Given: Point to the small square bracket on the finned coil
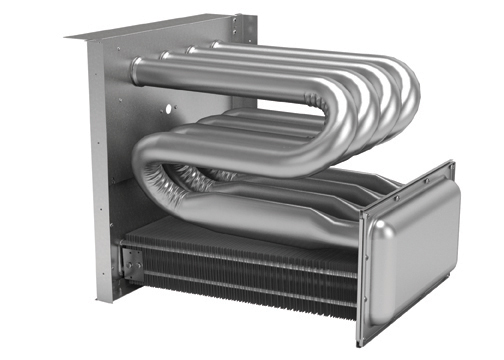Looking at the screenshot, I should pos(132,264).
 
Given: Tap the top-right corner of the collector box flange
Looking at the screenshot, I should pos(452,163).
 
